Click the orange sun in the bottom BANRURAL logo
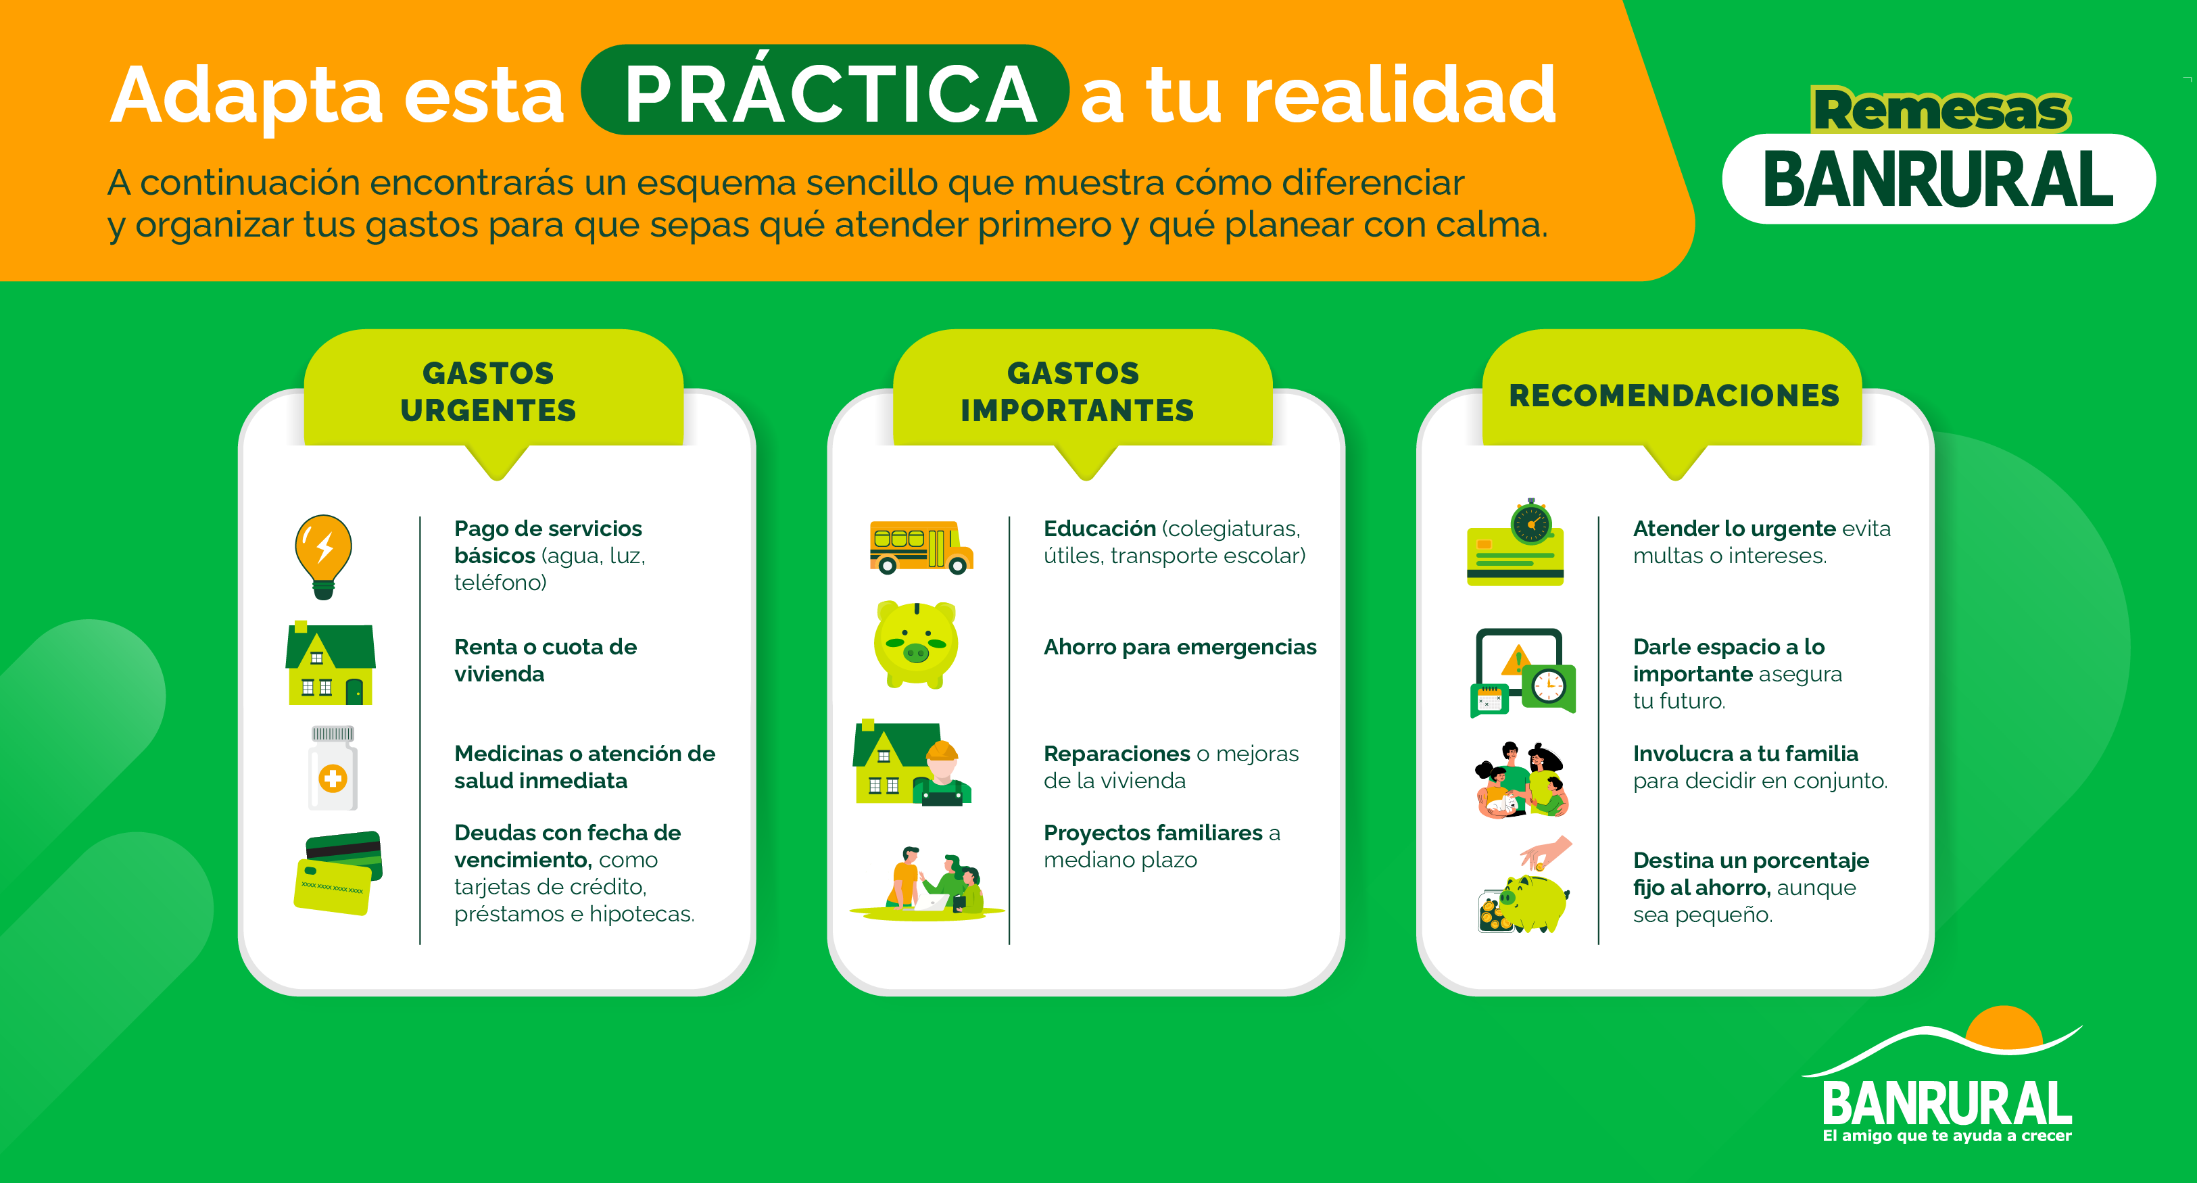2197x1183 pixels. pyautogui.click(x=2004, y=1025)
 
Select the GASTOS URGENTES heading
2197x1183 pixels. pyautogui.click(x=489, y=391)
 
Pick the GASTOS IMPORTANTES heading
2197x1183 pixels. pyautogui.click(x=1076, y=391)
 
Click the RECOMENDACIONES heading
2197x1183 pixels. pyautogui.click(x=1673, y=395)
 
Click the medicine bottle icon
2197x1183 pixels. pyautogui.click(x=333, y=768)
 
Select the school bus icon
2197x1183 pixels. pyautogui.click(x=919, y=547)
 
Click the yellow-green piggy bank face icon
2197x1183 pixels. pyautogui.click(x=915, y=644)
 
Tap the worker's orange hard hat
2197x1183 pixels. pyautogui.click(x=942, y=750)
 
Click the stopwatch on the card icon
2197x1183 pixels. pyautogui.click(x=1532, y=522)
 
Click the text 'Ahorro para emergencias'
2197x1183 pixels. pyautogui.click(x=1180, y=648)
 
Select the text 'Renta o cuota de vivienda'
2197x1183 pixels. pyautogui.click(x=545, y=660)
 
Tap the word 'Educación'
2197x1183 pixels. pyautogui.click(x=1099, y=529)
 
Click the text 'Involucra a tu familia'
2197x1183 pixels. pyautogui.click(x=1745, y=754)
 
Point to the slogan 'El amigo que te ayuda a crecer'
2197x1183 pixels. pyautogui.click(x=1946, y=1136)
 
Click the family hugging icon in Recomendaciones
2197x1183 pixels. pyautogui.click(x=1522, y=779)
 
